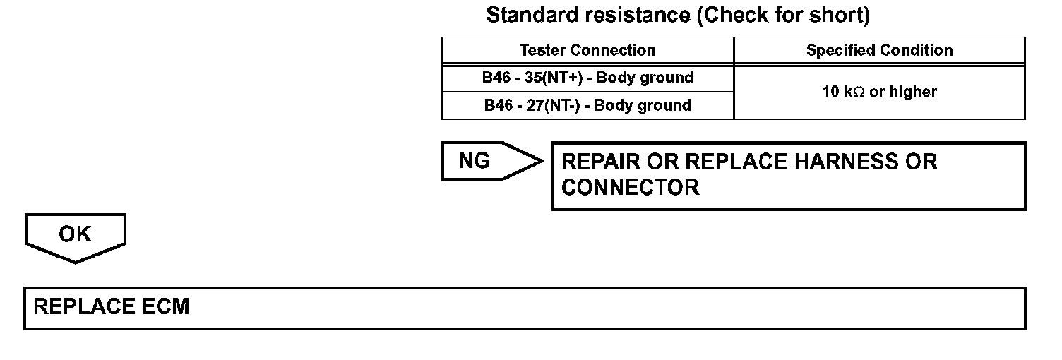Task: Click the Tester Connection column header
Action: click(x=587, y=51)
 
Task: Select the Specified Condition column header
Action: click(x=879, y=51)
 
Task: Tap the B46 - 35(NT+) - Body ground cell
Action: click(x=587, y=78)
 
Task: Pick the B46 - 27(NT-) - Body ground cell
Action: click(x=587, y=106)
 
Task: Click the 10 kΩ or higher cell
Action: click(x=879, y=92)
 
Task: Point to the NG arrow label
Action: click(x=475, y=161)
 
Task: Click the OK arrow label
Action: click(x=75, y=234)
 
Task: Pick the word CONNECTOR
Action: click(x=630, y=188)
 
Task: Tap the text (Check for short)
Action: click(x=783, y=15)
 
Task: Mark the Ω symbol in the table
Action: click(x=859, y=92)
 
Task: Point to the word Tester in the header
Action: click(x=542, y=51)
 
